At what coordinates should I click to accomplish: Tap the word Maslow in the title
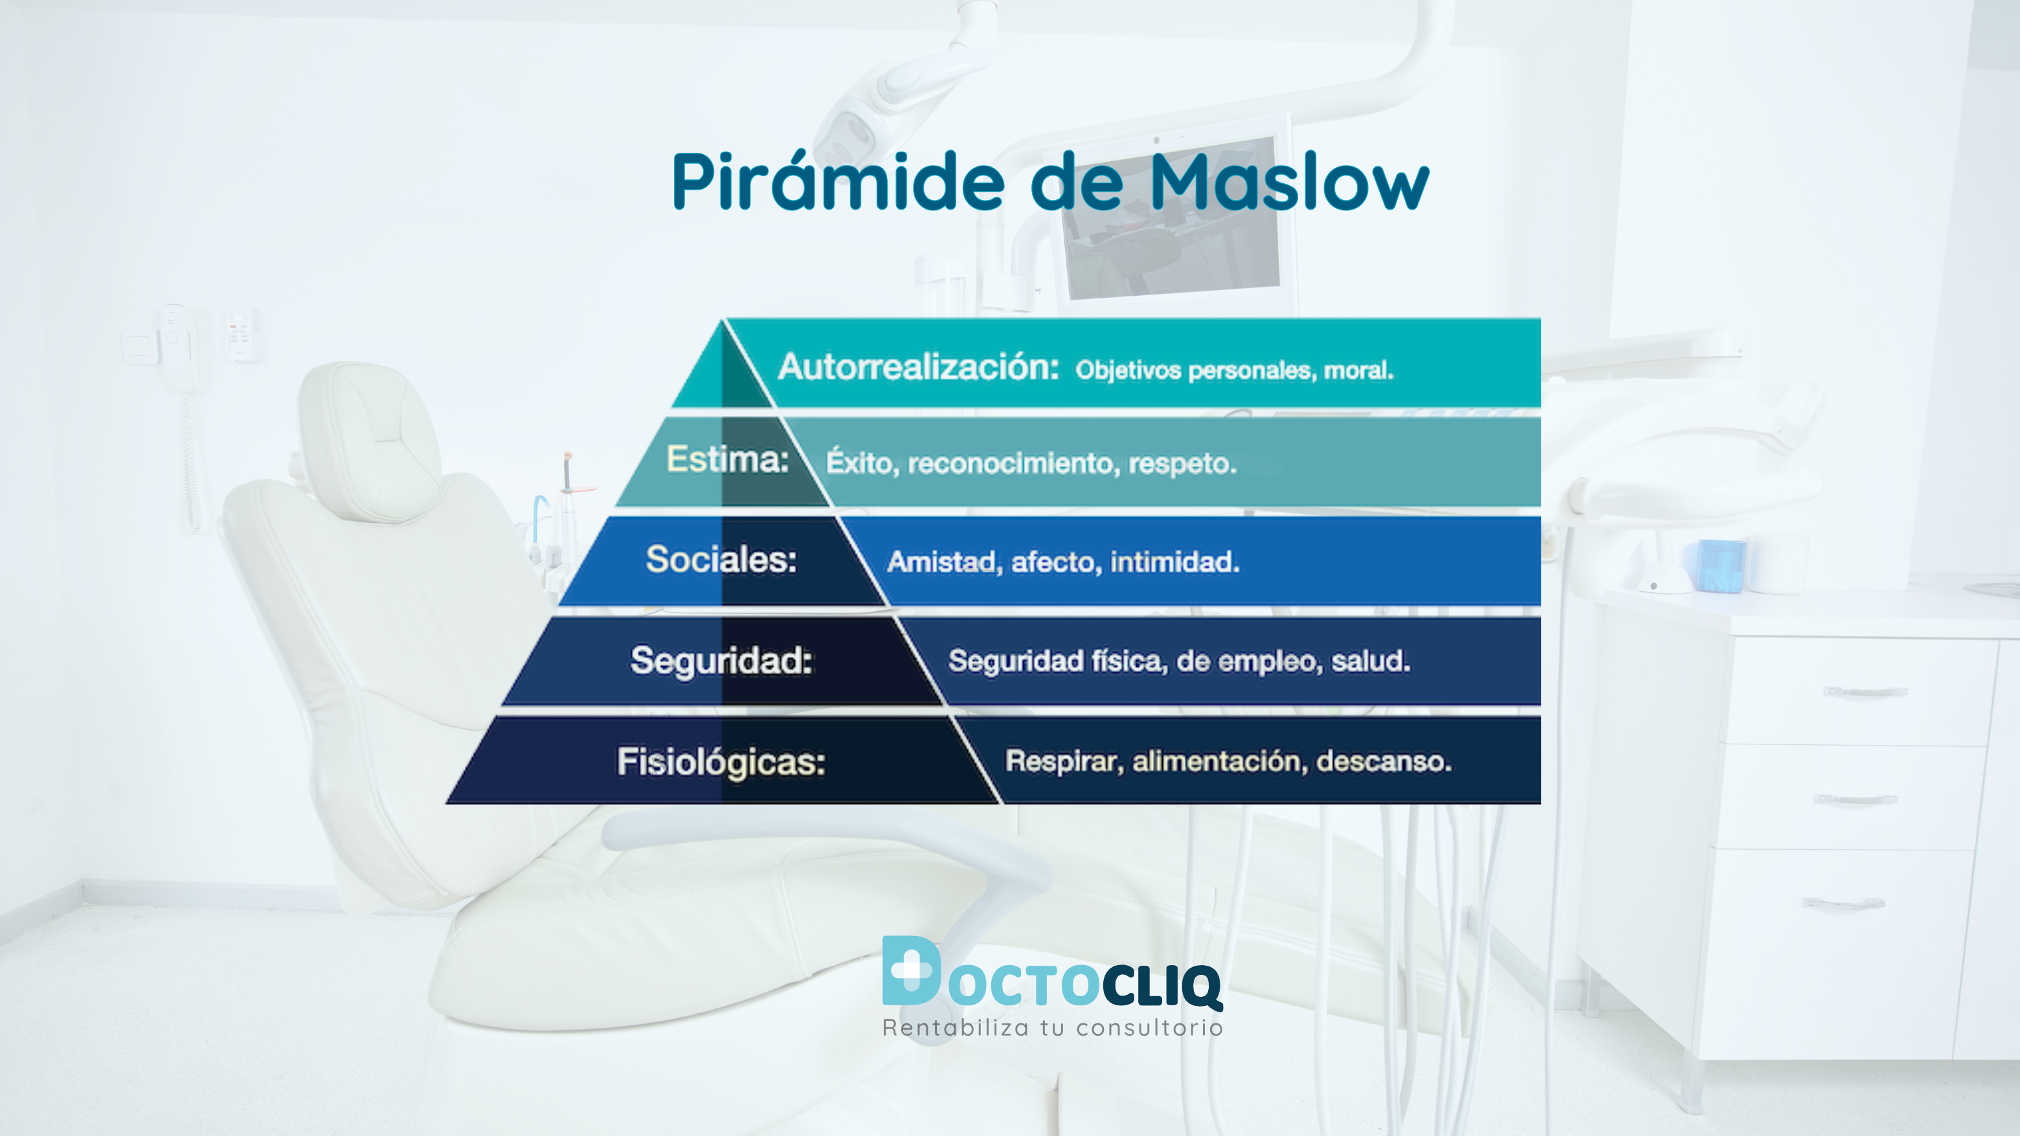(x=1288, y=182)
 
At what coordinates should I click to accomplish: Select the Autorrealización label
(x=918, y=367)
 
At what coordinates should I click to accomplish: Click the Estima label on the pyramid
(x=727, y=460)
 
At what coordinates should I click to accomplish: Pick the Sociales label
(x=721, y=560)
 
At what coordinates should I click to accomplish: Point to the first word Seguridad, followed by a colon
(x=721, y=660)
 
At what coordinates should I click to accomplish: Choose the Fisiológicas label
(x=721, y=761)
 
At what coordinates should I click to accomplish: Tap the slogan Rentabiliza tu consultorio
(x=1052, y=1028)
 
